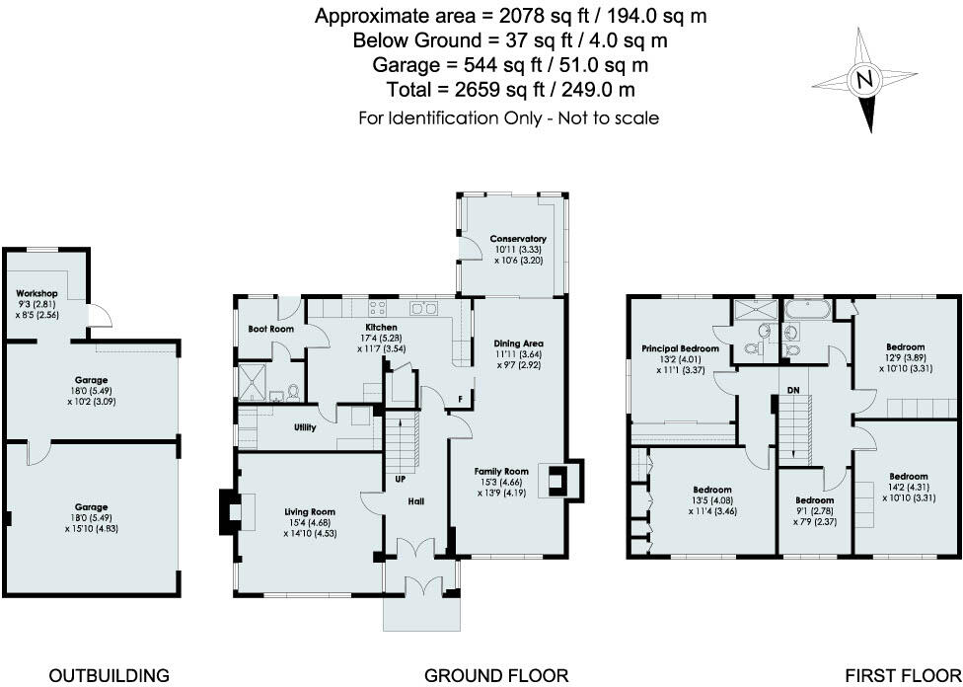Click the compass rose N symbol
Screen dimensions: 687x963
pyautogui.click(x=864, y=80)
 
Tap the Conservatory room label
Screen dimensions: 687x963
pyautogui.click(x=518, y=239)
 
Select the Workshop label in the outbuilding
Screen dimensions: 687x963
pyautogui.click(x=37, y=294)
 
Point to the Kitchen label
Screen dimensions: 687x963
pyautogui.click(x=381, y=327)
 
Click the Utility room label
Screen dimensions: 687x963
pyautogui.click(x=304, y=428)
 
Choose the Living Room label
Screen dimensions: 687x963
pyautogui.click(x=310, y=512)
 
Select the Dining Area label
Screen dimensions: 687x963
pyautogui.click(x=518, y=343)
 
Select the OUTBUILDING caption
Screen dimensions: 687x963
pyautogui.click(x=109, y=676)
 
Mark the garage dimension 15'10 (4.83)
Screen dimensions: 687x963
pyautogui.click(x=92, y=528)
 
